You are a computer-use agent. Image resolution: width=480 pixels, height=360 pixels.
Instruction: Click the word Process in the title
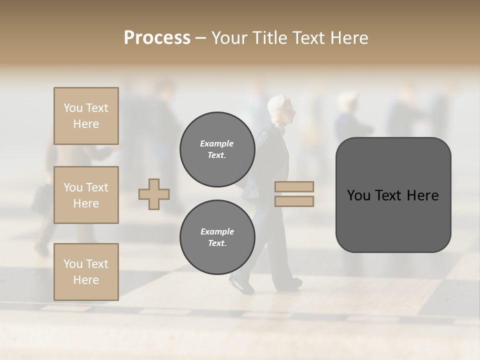click(157, 37)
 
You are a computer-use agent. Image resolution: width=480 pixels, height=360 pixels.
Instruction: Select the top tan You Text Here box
click(86, 116)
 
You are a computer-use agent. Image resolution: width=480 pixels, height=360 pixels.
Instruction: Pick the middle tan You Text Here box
click(86, 195)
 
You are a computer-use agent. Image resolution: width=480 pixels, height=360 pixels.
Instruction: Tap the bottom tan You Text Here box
click(86, 271)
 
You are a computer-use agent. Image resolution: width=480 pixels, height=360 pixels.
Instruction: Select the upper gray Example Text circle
click(217, 149)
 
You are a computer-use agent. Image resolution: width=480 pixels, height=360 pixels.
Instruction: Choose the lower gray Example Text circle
click(217, 237)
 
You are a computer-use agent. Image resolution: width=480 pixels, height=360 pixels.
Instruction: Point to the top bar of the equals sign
click(294, 186)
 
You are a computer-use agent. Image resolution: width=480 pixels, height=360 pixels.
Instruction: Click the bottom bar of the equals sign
click(294, 201)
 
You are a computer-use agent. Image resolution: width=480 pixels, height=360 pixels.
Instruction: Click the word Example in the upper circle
click(217, 143)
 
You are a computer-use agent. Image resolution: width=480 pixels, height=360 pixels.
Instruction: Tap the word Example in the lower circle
click(217, 231)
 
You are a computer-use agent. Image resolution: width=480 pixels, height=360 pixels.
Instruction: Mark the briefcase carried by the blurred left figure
click(41, 199)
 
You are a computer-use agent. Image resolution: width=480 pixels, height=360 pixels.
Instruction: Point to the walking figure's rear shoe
click(241, 285)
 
